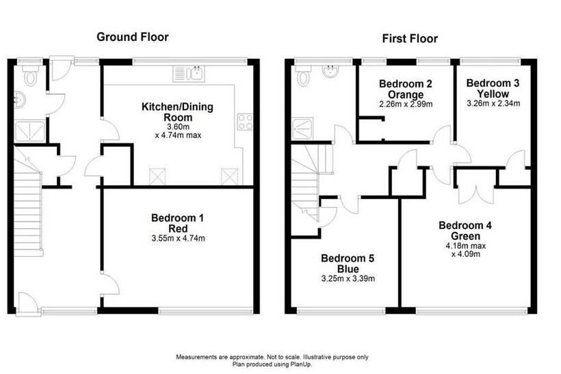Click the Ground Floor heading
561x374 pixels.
(132, 37)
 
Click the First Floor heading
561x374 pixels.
(410, 38)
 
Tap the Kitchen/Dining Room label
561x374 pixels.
(177, 112)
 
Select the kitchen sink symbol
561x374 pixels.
(189, 73)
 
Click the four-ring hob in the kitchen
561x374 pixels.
(245, 122)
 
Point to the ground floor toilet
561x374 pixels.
(30, 75)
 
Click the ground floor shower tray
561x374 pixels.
(29, 131)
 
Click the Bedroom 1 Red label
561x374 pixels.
(178, 223)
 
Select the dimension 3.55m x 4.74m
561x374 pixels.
(178, 239)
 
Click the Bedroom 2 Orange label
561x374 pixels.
(406, 89)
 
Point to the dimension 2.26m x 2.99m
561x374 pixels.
(406, 105)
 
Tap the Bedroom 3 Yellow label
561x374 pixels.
(493, 88)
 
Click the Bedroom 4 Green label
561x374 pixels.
(465, 230)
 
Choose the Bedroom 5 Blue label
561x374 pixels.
(348, 263)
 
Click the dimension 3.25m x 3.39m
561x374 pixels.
(348, 279)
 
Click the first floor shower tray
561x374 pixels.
(302, 129)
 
